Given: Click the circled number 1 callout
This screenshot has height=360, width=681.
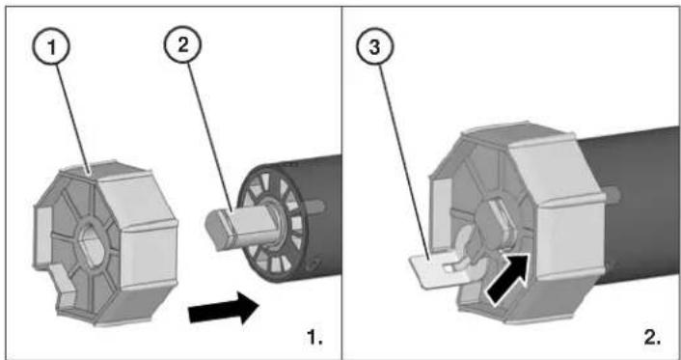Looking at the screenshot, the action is coord(51,46).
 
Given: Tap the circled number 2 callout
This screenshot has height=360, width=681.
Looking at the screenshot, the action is coord(182,44).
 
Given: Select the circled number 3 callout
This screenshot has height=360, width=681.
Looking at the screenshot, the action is coord(375,46).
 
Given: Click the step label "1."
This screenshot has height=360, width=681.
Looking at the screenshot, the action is coord(314,337).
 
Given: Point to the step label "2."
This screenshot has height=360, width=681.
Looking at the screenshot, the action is coord(652,338).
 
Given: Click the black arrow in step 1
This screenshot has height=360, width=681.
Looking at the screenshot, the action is coord(223,308).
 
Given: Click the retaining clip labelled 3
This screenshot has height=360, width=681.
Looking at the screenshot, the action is coord(443,268).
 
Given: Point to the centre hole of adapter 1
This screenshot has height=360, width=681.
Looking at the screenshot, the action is coord(92,246).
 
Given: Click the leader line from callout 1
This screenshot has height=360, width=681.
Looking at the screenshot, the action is coord(73,119).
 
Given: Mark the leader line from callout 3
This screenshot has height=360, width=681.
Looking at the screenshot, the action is coord(405,162).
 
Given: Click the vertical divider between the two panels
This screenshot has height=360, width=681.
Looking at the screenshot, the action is coord(341,182).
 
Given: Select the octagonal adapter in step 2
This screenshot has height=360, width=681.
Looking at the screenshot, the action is coord(517,222).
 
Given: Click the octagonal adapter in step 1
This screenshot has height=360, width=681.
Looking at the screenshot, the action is coord(105,243).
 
